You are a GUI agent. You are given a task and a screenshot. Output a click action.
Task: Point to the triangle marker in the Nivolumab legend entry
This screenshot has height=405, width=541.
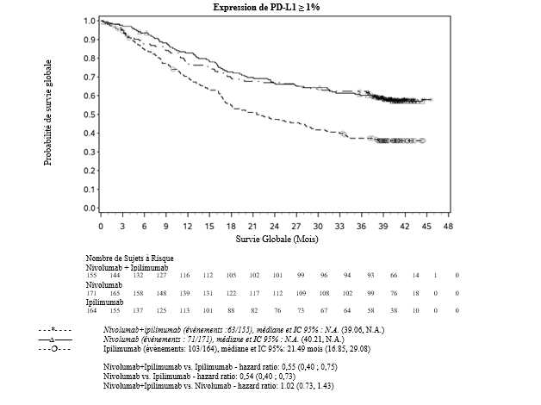[x=55, y=340]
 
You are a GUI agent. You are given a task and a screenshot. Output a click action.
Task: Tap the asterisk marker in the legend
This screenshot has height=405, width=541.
[x=55, y=330]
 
